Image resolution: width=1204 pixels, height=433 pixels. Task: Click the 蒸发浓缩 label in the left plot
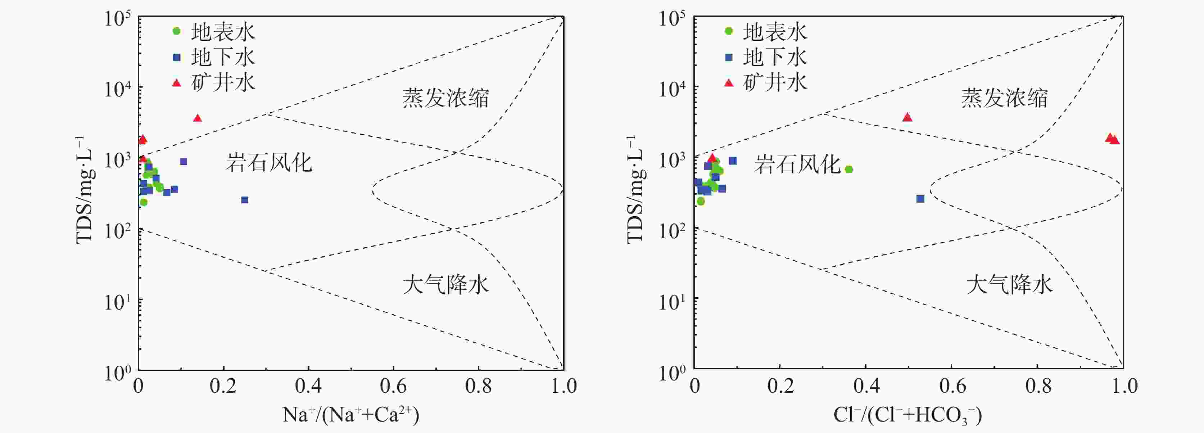tap(445, 98)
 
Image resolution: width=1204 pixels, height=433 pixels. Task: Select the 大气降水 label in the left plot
tap(445, 284)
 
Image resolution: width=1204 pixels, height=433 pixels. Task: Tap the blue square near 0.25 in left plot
tap(244, 200)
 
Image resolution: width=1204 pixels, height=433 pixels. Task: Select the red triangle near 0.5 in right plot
tap(907, 117)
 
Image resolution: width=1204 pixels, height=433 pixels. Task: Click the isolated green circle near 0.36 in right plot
tap(849, 169)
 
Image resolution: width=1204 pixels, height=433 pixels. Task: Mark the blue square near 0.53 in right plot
tap(920, 199)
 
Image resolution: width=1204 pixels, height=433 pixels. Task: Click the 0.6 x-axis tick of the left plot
tap(393, 386)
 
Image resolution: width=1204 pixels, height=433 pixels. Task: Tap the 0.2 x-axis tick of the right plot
tap(780, 386)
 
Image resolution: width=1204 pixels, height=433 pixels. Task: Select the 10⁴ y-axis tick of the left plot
tap(117, 89)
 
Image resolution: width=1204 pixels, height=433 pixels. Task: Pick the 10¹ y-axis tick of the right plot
tap(672, 302)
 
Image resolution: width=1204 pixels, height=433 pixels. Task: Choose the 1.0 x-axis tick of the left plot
tap(563, 386)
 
